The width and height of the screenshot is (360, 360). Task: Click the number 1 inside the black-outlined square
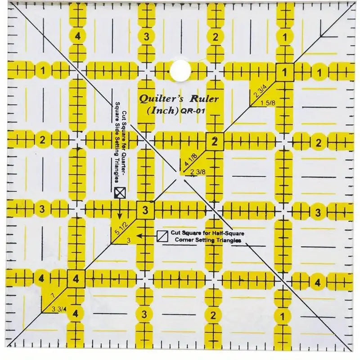284,72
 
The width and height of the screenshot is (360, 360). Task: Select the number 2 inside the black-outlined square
215,141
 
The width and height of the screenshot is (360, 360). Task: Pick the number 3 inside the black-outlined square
145,210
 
